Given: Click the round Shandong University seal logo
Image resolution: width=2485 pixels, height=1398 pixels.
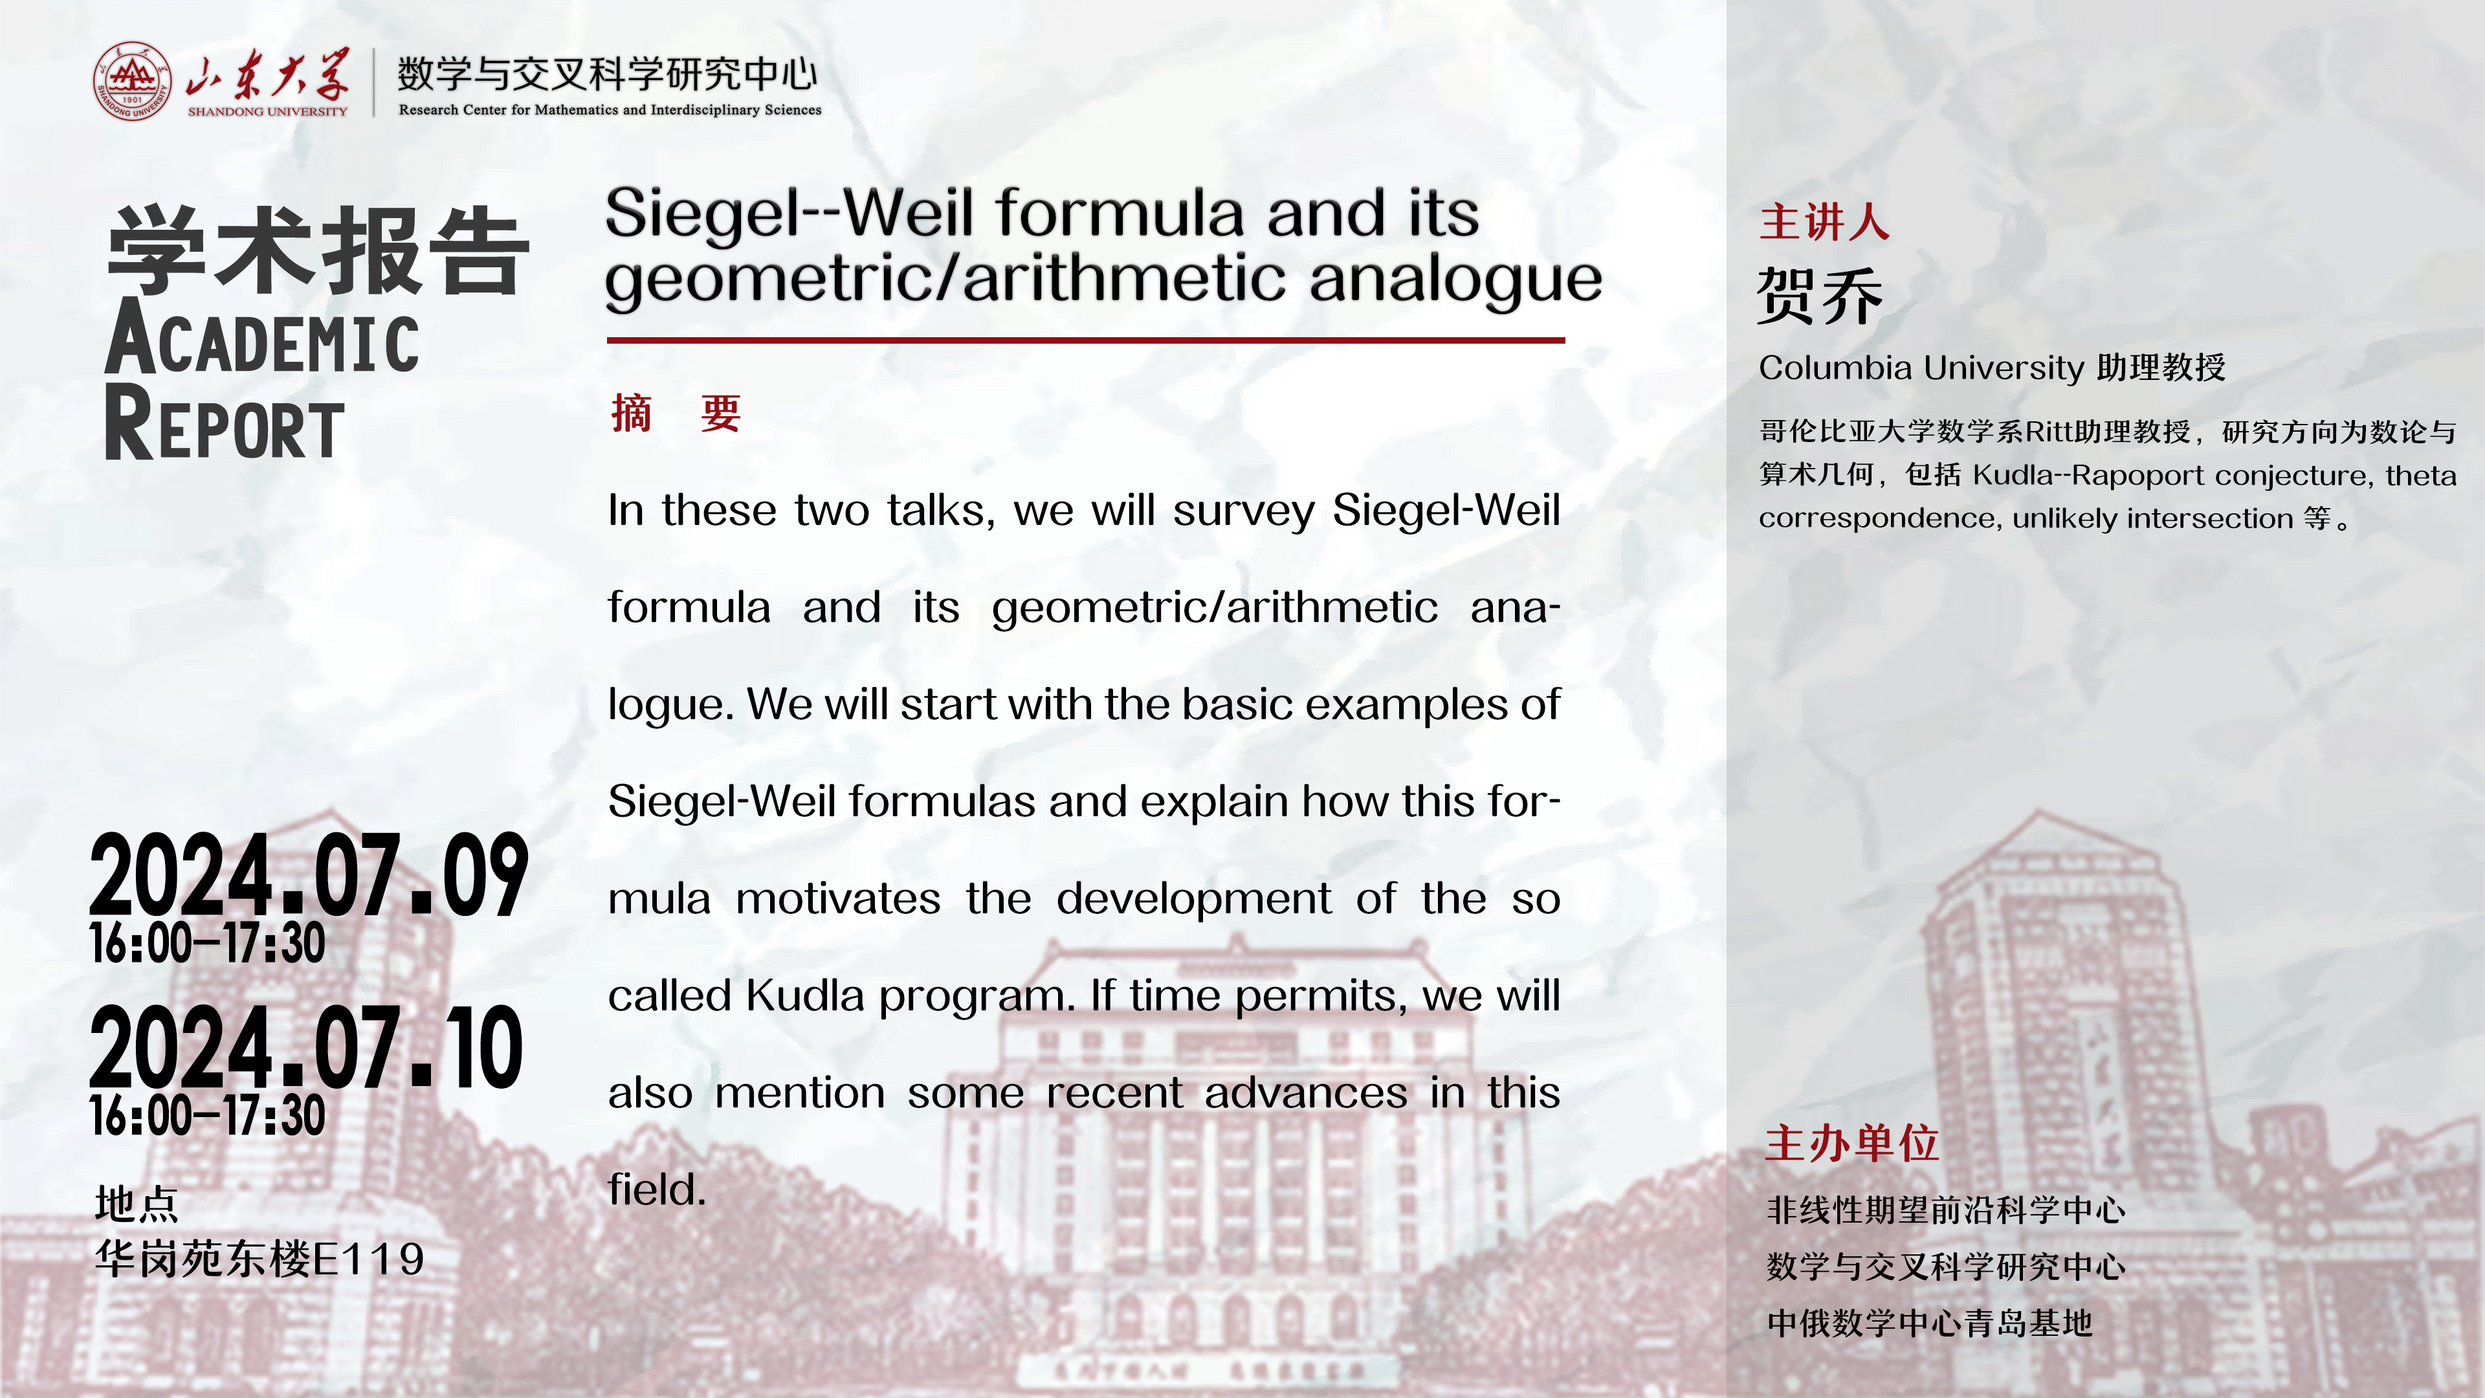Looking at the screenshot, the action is [x=132, y=81].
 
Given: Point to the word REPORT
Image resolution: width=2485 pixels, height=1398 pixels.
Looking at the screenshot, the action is [x=224, y=423].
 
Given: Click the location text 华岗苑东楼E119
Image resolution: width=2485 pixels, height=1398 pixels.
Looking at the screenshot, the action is [x=260, y=1259].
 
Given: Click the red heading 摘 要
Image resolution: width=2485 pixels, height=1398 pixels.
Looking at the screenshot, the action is [x=675, y=414].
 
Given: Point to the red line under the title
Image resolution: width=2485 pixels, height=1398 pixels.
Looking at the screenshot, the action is [x=1085, y=340].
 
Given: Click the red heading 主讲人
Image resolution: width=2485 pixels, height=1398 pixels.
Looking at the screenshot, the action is [x=1824, y=222].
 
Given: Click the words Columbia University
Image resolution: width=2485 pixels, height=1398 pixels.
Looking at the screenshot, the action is [x=1921, y=368].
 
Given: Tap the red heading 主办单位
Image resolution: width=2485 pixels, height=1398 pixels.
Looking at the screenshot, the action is [x=1852, y=1143].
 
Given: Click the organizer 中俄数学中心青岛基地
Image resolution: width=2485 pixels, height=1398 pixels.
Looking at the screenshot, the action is [x=1929, y=1323].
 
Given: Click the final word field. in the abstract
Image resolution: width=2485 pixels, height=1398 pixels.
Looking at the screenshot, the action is [x=657, y=1189].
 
